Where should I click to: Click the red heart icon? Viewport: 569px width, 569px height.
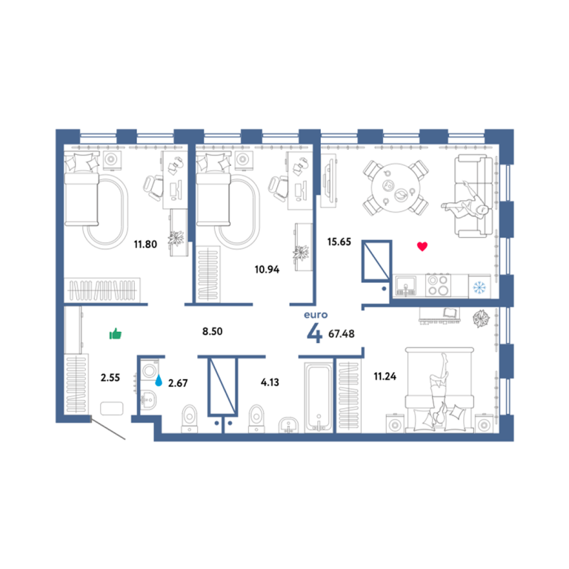(x=422, y=247)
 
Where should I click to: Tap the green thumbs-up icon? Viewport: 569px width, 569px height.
(x=116, y=333)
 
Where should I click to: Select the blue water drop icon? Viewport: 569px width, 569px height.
(x=159, y=380)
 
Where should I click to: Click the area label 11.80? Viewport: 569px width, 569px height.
(x=145, y=244)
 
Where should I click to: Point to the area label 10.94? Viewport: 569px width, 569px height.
(x=267, y=269)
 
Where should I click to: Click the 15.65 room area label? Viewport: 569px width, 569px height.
(x=339, y=242)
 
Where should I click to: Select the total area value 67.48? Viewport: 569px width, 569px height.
(x=341, y=333)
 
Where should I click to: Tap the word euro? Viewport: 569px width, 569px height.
(x=316, y=315)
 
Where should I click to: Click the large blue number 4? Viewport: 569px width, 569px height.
(x=314, y=333)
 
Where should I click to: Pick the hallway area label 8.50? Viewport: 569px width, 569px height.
(x=213, y=331)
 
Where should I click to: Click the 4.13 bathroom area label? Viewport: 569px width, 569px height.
(x=270, y=382)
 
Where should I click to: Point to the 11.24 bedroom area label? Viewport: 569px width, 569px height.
(x=385, y=376)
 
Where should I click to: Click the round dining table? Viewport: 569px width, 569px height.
(x=396, y=187)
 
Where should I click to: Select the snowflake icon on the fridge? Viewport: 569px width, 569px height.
(x=479, y=287)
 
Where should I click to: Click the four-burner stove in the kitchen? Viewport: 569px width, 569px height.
(x=438, y=285)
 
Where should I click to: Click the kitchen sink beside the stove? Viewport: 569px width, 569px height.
(x=406, y=286)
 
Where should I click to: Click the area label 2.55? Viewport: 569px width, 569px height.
(x=110, y=378)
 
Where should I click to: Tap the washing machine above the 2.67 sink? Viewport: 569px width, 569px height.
(x=150, y=370)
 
